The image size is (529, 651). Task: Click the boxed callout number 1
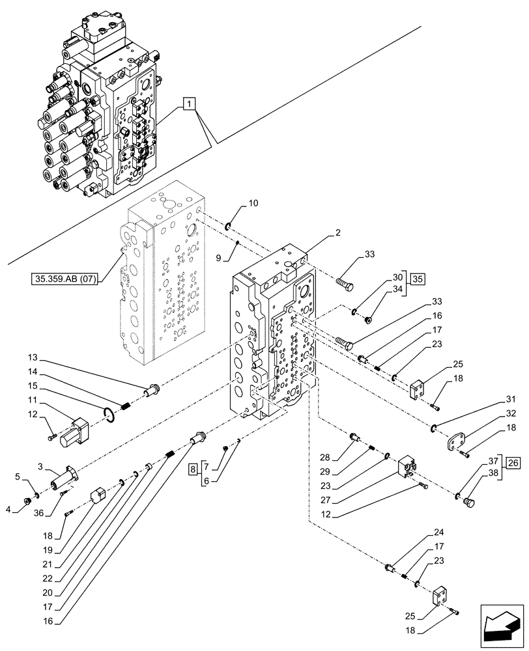point(188,104)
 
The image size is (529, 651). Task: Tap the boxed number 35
point(417,279)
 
